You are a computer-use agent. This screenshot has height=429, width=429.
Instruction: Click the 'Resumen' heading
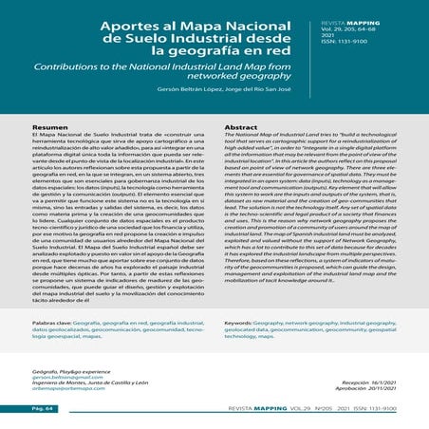(x=49, y=126)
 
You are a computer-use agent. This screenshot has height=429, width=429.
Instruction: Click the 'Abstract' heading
(x=242, y=126)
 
